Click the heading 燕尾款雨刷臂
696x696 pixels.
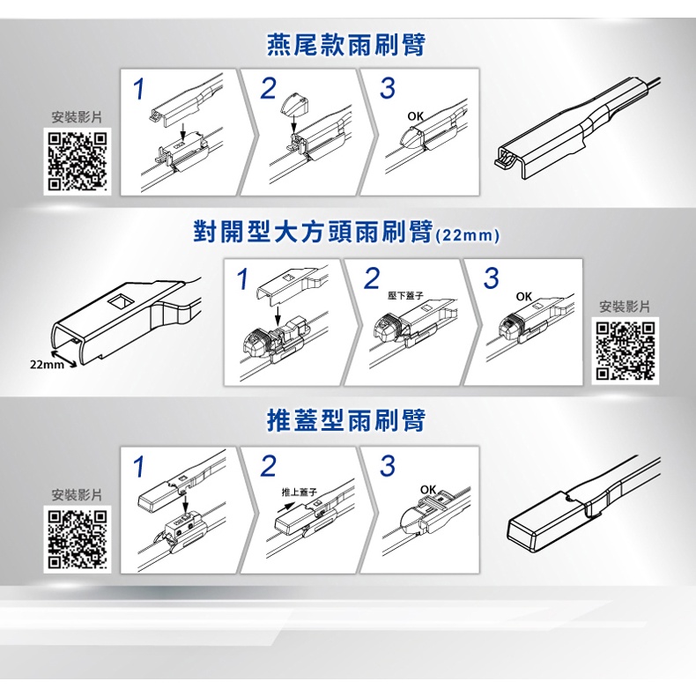[x=346, y=46]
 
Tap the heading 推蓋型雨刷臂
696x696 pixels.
[x=346, y=420]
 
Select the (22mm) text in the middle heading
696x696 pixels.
[x=467, y=235]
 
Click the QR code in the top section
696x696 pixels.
[x=78, y=161]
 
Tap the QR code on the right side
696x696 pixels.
[x=625, y=351]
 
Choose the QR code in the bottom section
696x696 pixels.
[x=78, y=540]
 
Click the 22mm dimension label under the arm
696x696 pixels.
[x=47, y=365]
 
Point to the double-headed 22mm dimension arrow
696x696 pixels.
[x=64, y=359]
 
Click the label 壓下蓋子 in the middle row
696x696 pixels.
[x=405, y=296]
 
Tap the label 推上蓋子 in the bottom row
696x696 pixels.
[x=300, y=492]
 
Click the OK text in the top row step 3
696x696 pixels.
[x=416, y=116]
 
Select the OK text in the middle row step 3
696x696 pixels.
[x=524, y=297]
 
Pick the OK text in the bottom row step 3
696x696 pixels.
[x=428, y=490]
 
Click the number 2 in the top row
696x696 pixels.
[x=268, y=88]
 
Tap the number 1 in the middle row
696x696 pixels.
[x=242, y=279]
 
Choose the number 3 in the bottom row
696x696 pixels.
[x=388, y=466]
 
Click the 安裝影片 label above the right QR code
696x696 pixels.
[x=625, y=307]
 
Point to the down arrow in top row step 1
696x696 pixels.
[x=182, y=131]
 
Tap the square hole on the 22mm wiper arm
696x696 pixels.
[x=121, y=301]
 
